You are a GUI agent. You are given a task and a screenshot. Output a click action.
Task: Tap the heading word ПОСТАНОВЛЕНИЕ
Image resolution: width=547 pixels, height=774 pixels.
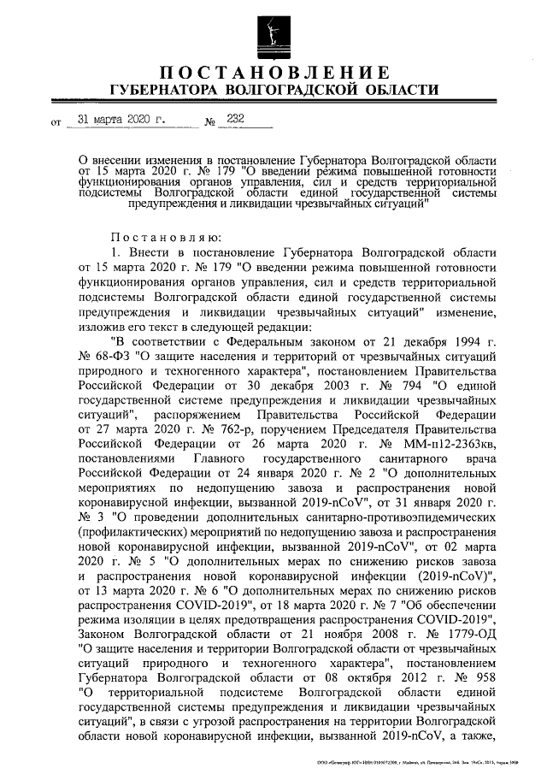(273, 71)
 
